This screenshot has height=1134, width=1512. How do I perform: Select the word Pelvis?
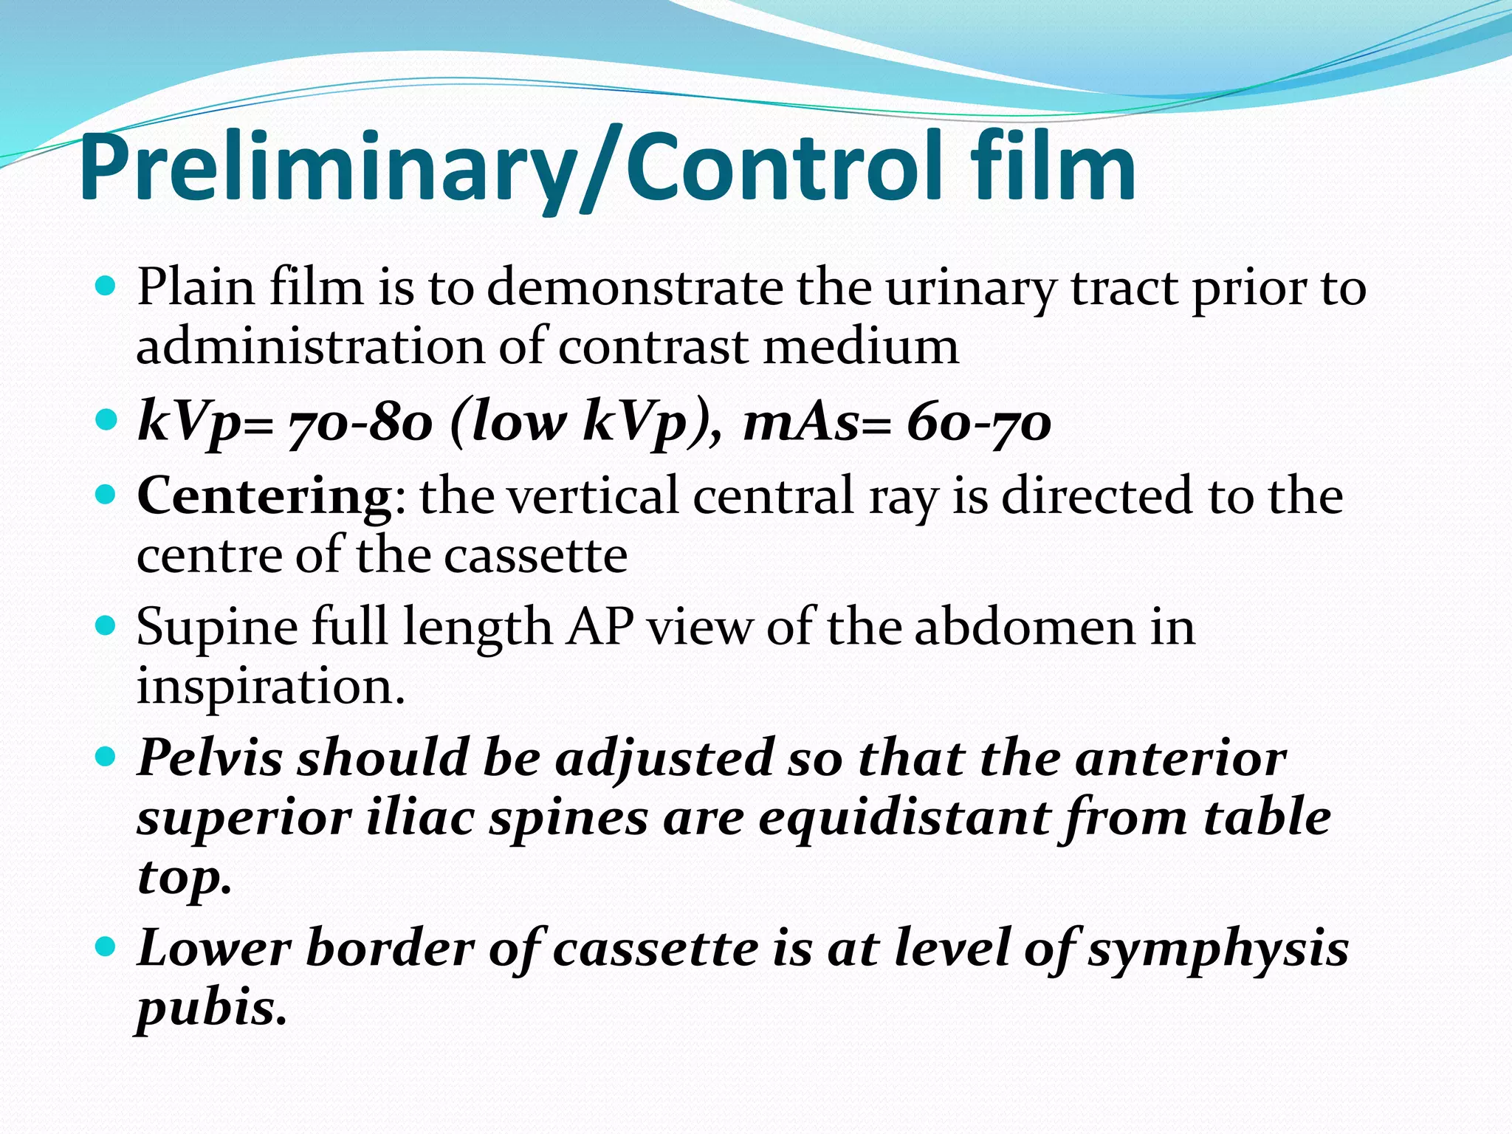[x=210, y=758]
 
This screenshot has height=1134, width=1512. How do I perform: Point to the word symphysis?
[x=1218, y=951]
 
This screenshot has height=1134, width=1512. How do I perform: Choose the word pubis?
[x=210, y=1010]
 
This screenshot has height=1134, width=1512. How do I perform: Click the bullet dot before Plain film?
[x=106, y=286]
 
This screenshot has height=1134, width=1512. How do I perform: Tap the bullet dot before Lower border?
[x=106, y=946]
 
